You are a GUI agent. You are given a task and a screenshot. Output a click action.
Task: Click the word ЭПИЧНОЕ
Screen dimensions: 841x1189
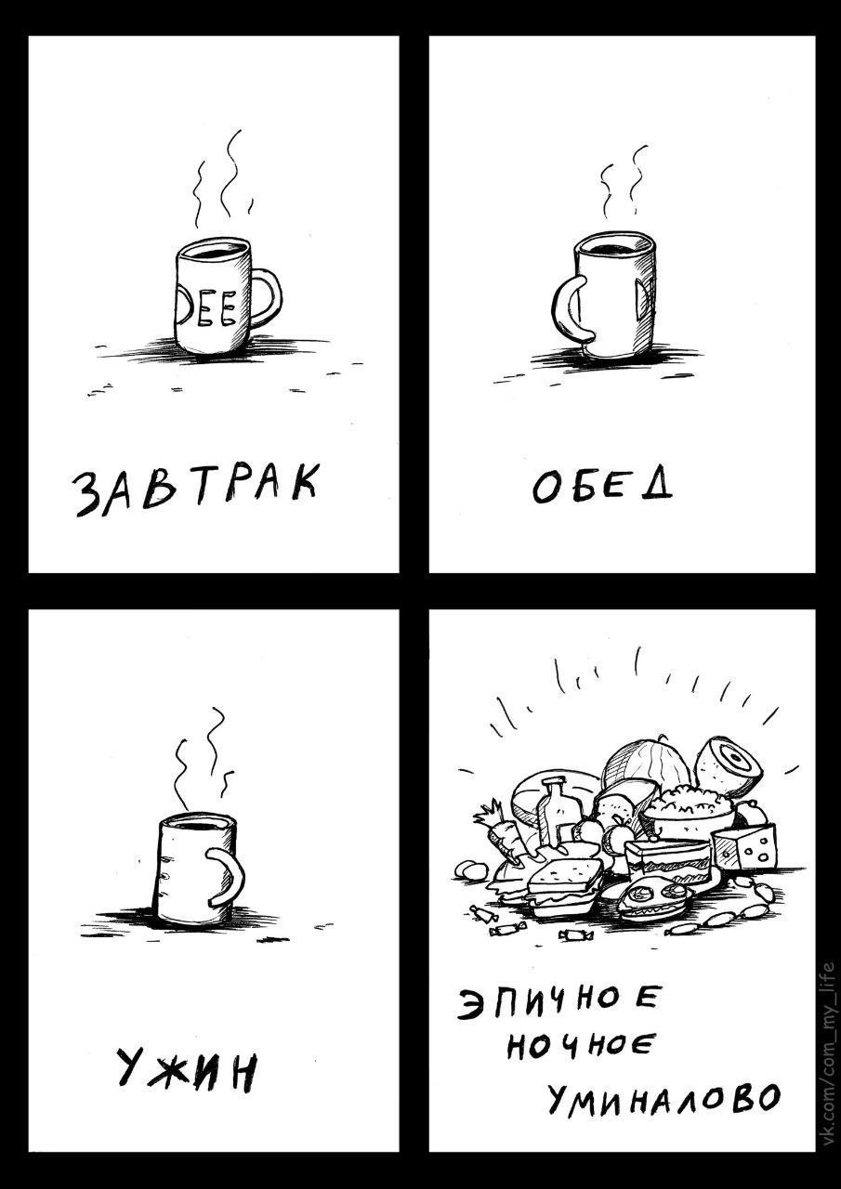(x=558, y=1002)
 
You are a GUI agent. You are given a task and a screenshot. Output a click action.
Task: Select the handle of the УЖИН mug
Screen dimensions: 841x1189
(x=228, y=876)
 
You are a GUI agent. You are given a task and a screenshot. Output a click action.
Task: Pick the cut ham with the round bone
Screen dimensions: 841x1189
(x=730, y=760)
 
